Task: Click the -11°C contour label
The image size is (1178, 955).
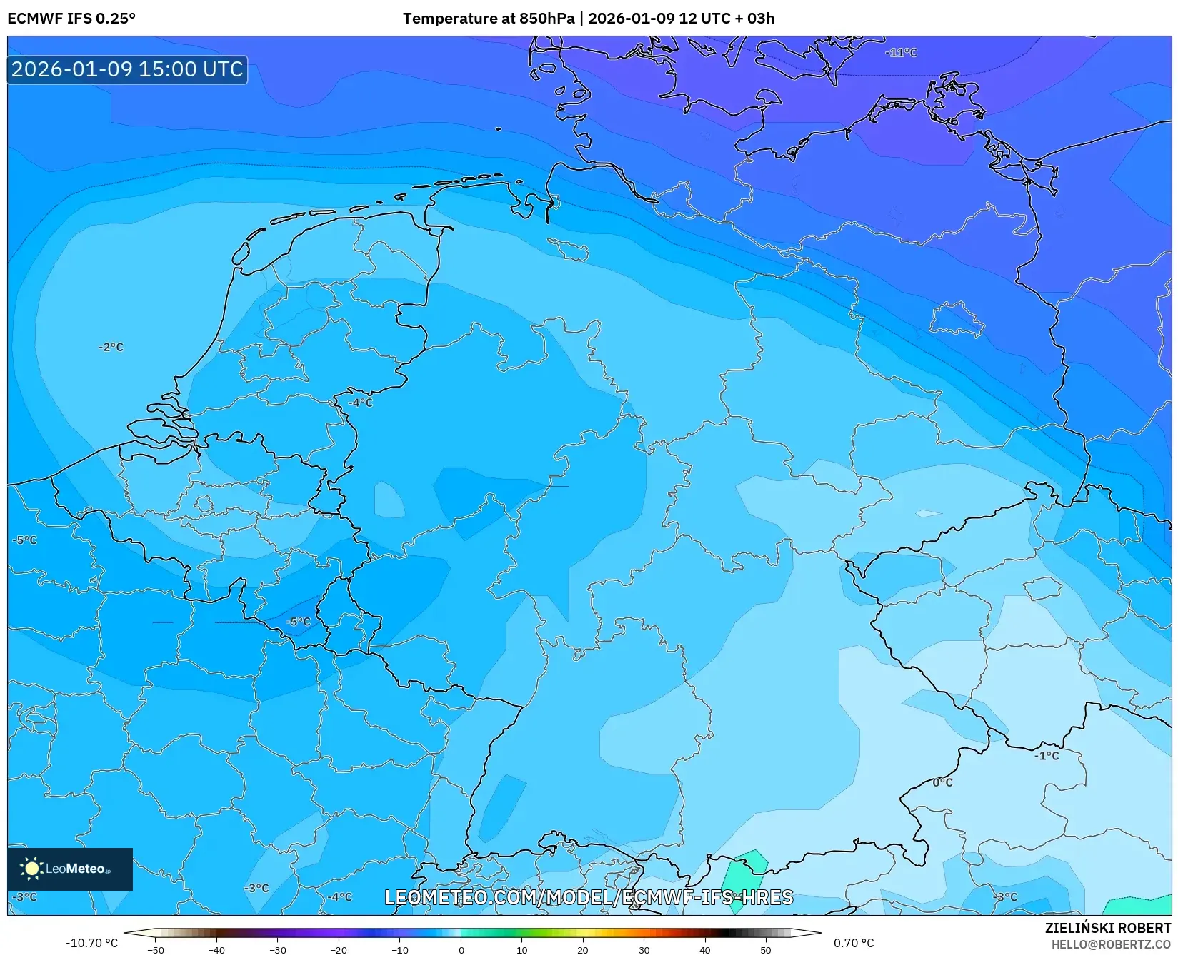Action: [901, 53]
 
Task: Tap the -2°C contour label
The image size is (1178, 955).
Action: [111, 348]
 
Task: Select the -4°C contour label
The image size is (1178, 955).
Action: [361, 403]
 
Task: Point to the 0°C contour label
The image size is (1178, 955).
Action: [942, 782]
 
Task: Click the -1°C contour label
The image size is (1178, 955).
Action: [1047, 755]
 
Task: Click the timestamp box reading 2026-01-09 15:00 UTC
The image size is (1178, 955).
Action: [127, 69]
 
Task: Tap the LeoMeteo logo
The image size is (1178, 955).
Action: [70, 869]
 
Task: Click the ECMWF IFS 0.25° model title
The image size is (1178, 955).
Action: [71, 19]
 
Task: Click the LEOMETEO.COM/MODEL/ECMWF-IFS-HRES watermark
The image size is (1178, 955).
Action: [589, 897]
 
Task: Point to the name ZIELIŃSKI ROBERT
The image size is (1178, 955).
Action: [1108, 928]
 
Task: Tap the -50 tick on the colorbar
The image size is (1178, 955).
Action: [155, 950]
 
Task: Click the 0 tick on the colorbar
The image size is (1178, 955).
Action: [461, 950]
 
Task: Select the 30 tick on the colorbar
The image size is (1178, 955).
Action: [644, 950]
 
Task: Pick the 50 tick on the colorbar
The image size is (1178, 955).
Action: [766, 950]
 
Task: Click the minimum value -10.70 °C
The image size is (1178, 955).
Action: [91, 943]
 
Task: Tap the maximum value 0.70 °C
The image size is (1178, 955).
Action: [854, 943]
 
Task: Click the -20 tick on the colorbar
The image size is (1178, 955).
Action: [339, 950]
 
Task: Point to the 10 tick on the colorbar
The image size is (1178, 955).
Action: [522, 950]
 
